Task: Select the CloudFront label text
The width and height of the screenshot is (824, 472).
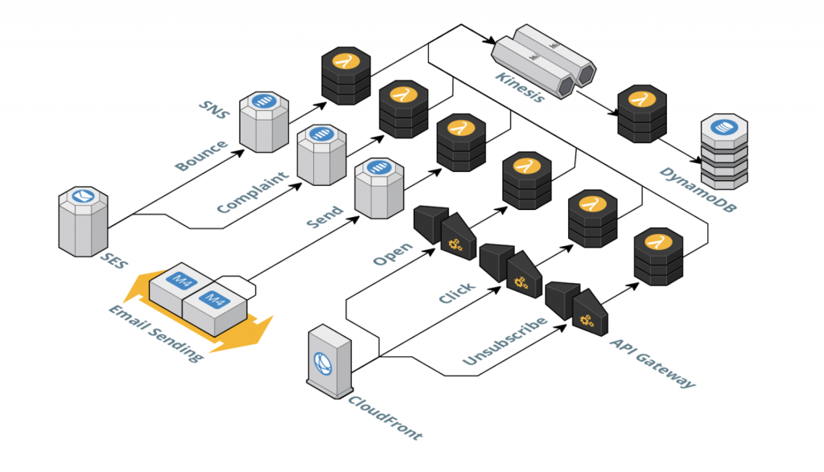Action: click(385, 414)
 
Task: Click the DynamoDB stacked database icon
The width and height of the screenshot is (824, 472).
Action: click(724, 153)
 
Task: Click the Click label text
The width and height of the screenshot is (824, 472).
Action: click(455, 293)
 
